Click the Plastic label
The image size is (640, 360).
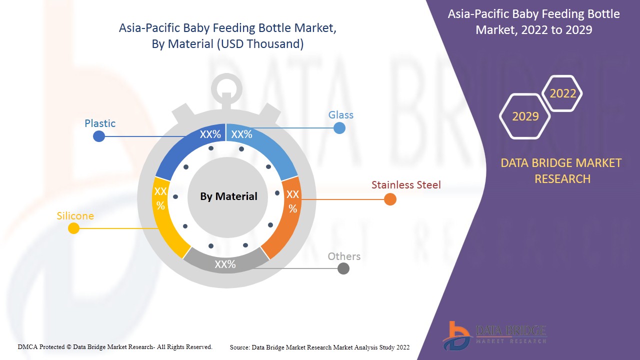(x=100, y=123)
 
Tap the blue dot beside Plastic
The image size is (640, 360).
(x=99, y=136)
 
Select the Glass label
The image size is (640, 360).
(x=340, y=115)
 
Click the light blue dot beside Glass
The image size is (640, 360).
(x=339, y=128)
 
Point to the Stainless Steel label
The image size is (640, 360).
(x=406, y=185)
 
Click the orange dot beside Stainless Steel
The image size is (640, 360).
(x=390, y=199)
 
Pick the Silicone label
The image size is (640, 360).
(x=75, y=216)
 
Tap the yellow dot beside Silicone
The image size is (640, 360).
(x=73, y=228)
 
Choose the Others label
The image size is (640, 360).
(x=344, y=256)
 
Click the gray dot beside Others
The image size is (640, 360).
(x=343, y=268)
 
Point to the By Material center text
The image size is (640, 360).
(x=228, y=196)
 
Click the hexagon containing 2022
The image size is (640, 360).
(x=562, y=93)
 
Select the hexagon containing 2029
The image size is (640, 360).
(x=525, y=116)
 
